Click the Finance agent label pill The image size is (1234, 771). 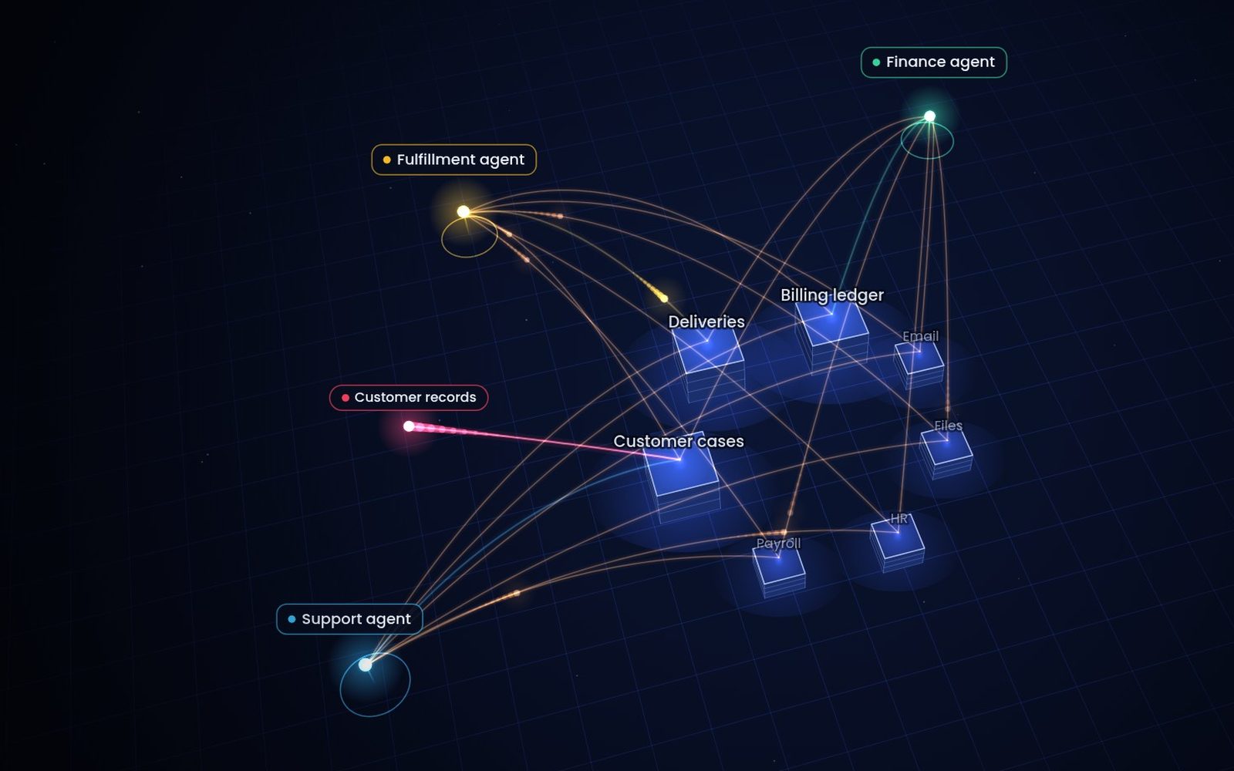(x=934, y=62)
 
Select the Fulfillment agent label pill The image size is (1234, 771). (x=454, y=160)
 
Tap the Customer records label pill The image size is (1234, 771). (x=409, y=398)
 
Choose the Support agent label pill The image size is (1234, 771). (x=349, y=619)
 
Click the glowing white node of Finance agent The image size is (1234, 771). (x=930, y=116)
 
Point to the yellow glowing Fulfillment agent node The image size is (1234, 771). (x=464, y=211)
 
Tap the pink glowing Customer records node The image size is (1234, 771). (x=409, y=426)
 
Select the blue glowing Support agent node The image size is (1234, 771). (x=366, y=665)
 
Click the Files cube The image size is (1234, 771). (x=946, y=454)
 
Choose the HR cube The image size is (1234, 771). (x=898, y=543)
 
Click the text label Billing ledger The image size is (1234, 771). (x=832, y=295)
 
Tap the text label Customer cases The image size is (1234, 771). (x=679, y=441)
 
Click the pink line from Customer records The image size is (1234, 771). (x=545, y=443)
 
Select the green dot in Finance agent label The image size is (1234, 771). (x=876, y=62)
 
